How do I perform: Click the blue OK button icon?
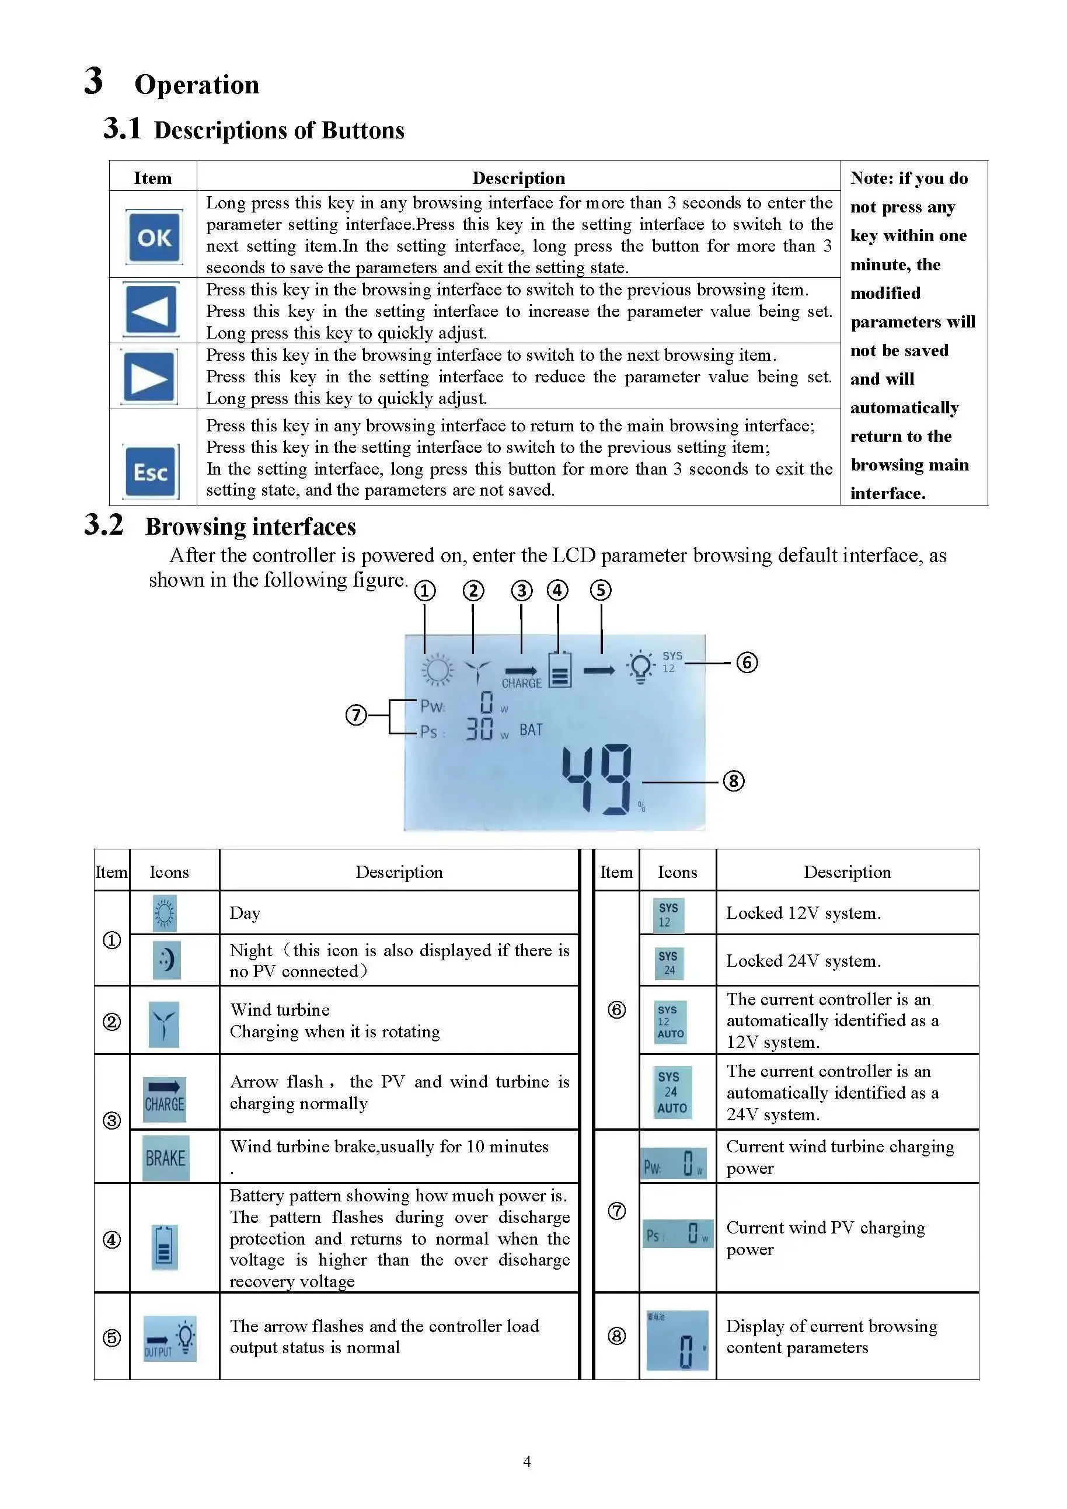[154, 237]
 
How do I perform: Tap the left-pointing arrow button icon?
[151, 309]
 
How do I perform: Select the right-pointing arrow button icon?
[150, 377]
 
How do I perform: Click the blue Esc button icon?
[151, 472]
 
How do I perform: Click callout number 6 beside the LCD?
[747, 662]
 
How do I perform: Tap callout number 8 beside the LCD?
[733, 781]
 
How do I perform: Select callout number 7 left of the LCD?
[356, 715]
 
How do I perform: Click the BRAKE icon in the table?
[166, 1158]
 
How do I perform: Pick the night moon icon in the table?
[166, 960]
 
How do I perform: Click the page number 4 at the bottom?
[526, 1461]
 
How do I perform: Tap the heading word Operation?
[197, 85]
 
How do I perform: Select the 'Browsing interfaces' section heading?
[250, 527]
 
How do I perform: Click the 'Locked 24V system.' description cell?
[803, 961]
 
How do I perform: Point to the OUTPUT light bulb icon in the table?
[170, 1338]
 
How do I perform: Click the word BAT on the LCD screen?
[531, 730]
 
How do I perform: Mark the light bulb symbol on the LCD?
[640, 667]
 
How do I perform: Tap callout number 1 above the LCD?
[424, 591]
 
